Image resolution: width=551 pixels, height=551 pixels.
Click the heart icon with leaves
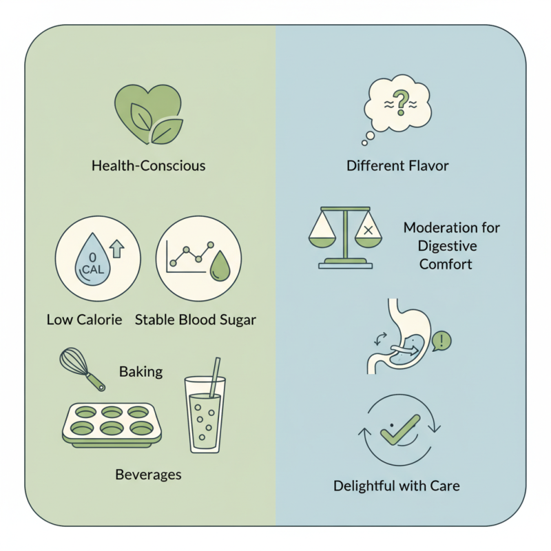[x=148, y=114]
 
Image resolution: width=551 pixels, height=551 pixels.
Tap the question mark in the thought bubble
[x=401, y=103]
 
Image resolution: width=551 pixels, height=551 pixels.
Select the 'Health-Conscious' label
[x=148, y=165]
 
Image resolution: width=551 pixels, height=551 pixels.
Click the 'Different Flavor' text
[x=397, y=165]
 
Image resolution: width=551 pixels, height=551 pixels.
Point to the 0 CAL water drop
[x=93, y=259]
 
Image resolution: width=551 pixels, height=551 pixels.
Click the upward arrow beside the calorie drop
[x=117, y=249]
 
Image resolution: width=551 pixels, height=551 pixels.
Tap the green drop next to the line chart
[x=220, y=266]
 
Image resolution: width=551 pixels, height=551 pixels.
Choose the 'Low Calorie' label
[x=84, y=320]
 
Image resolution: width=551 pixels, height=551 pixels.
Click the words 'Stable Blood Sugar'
[x=196, y=320]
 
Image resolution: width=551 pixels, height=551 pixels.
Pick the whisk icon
[x=82, y=369]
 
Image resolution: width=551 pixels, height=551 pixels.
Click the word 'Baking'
[x=141, y=372]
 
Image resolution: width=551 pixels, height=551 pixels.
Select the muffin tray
[x=112, y=425]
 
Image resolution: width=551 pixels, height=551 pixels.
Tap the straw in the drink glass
[x=215, y=377]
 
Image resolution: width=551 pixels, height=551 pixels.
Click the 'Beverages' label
[x=148, y=475]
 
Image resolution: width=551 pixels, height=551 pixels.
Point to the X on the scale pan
[x=368, y=230]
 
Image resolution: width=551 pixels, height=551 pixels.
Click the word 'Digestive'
[x=447, y=246]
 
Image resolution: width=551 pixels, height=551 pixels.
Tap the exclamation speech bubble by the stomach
[x=441, y=341]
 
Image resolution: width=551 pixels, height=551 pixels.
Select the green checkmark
[x=400, y=429]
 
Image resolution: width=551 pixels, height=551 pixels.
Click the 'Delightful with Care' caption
[x=397, y=486]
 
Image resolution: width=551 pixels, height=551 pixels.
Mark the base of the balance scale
[x=346, y=264]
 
